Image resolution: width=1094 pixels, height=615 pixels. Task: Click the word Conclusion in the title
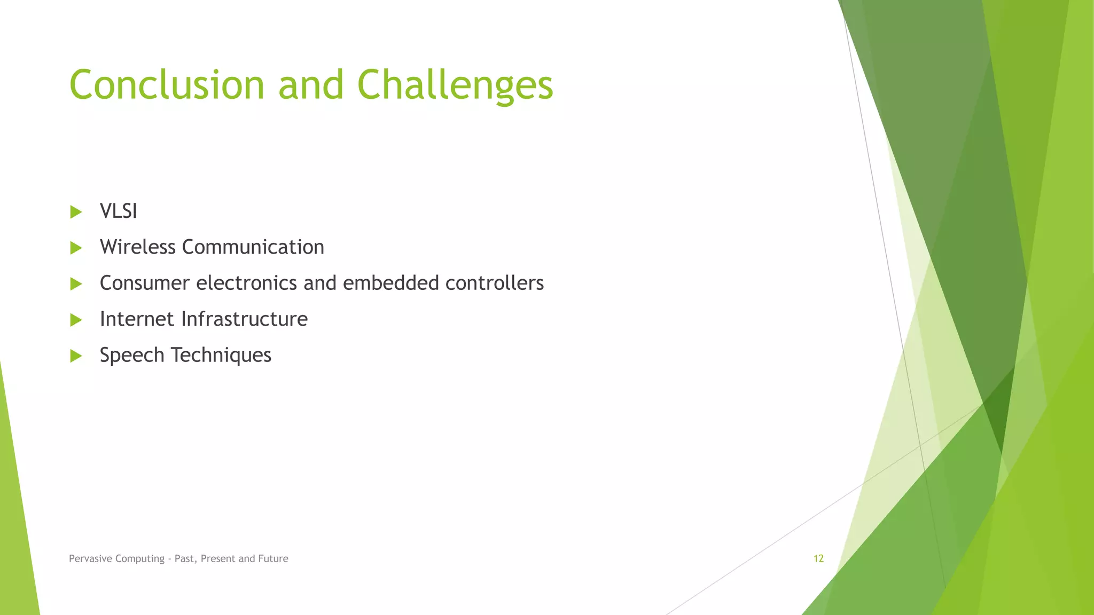tap(167, 84)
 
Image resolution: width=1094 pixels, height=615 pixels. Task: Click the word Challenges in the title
tap(455, 84)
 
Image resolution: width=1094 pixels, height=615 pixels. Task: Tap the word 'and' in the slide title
tap(311, 84)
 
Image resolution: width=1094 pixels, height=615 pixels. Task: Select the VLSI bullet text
tap(119, 211)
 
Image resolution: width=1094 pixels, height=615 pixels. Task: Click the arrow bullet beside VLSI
tap(76, 212)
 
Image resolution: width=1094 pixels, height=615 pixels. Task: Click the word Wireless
tap(137, 247)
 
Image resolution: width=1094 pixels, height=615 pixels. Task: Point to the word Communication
tap(253, 247)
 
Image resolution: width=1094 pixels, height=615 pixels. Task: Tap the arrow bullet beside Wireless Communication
tap(76, 248)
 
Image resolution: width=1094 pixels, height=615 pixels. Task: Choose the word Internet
tap(137, 319)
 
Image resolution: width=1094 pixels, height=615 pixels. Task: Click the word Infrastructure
tap(244, 319)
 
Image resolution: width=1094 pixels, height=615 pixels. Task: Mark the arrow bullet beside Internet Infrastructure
tap(76, 320)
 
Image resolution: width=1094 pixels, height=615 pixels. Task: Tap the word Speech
tap(132, 355)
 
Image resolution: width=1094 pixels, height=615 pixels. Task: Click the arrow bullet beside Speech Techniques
tap(76, 356)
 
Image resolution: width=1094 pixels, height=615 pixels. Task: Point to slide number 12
tap(818, 558)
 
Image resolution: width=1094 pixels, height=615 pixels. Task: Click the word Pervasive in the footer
tap(90, 558)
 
